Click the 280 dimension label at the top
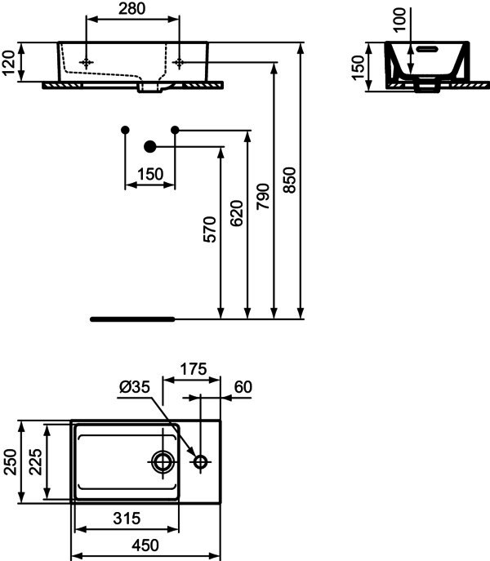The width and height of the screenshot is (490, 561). [x=132, y=9]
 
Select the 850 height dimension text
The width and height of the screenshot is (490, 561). [x=290, y=180]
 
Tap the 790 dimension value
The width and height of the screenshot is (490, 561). [x=263, y=197]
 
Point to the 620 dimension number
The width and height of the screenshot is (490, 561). [x=236, y=213]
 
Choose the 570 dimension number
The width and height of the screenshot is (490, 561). [x=210, y=229]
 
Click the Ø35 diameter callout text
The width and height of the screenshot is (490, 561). [x=135, y=387]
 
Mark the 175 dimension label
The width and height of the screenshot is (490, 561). [x=194, y=369]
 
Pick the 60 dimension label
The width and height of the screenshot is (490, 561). [x=243, y=387]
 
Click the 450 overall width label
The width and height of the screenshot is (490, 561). [x=145, y=545]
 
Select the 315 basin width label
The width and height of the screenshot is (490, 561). [x=127, y=518]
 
